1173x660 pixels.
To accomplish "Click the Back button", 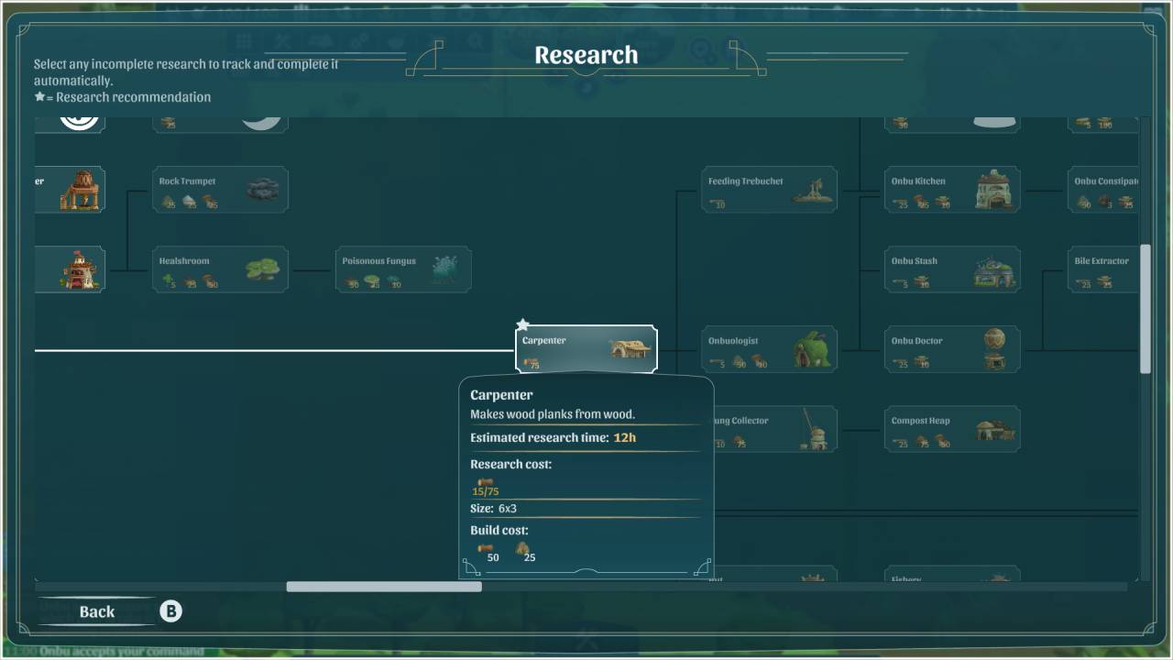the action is [x=96, y=611].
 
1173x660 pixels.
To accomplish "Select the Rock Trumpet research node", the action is [x=220, y=190].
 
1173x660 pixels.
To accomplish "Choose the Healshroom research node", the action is [x=220, y=269].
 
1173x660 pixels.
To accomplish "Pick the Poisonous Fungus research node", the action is [x=403, y=269].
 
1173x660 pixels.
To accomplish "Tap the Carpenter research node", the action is [x=586, y=349].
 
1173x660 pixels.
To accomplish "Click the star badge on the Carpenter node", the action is [x=522, y=325].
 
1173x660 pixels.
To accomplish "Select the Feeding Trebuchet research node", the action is [x=769, y=190].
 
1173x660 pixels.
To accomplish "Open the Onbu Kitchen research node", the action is [x=951, y=190].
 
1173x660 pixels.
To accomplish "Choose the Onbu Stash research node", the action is [x=951, y=269].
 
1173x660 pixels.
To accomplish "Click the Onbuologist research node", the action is [x=769, y=349].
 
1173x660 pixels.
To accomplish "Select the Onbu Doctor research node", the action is [x=951, y=349].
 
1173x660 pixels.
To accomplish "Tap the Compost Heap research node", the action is [x=951, y=429].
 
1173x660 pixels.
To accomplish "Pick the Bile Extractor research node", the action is [x=1103, y=269].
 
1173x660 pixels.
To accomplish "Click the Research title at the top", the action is [x=586, y=55].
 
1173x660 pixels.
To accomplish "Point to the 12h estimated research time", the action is [x=624, y=437].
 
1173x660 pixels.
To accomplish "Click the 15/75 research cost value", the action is [x=486, y=491].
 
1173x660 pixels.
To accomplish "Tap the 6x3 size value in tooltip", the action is [x=508, y=508].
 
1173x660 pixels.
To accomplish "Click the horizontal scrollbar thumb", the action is [x=384, y=587].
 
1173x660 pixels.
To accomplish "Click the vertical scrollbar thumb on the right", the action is [x=1145, y=309].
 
